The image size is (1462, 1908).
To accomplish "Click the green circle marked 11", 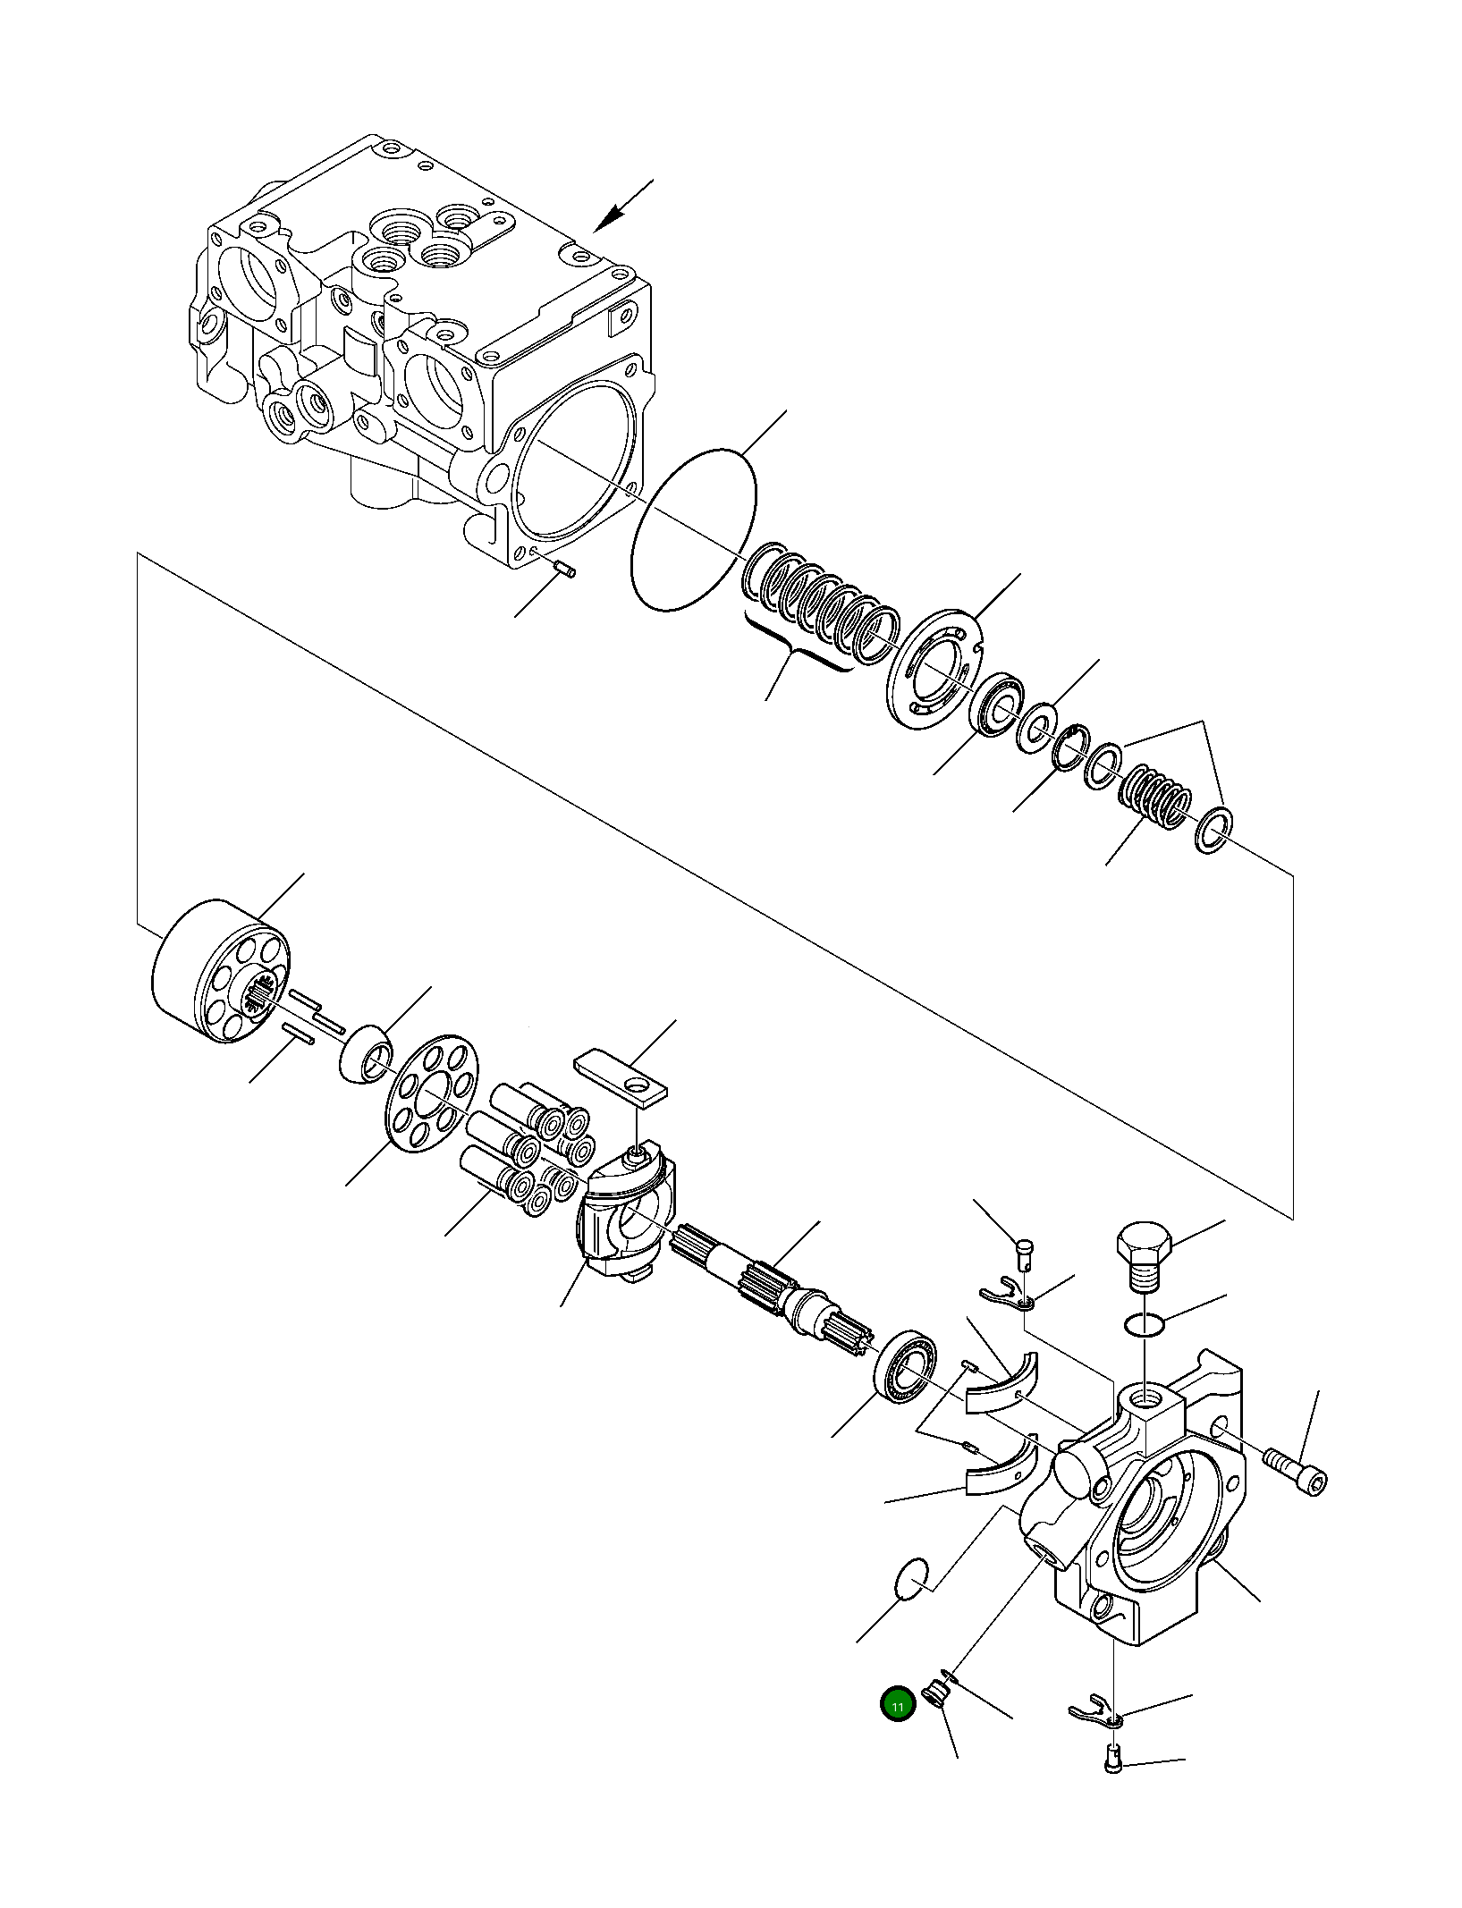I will pos(897,1705).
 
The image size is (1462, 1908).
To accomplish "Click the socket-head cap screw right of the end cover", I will pos(1297,1471).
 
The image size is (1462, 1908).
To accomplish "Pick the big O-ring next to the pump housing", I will pos(694,530).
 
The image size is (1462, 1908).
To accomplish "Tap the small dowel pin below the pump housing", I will pos(563,568).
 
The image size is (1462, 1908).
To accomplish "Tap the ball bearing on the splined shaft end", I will pos(905,1365).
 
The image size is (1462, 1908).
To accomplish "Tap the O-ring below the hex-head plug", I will pos(1144,1325).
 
